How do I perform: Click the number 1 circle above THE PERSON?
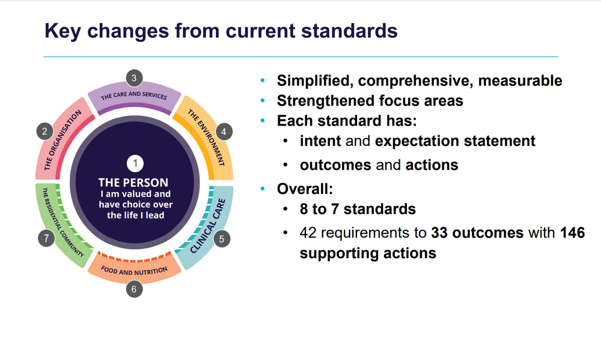click(x=135, y=163)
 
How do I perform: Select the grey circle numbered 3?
click(x=134, y=78)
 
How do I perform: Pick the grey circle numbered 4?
click(x=224, y=131)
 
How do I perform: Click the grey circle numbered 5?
click(x=221, y=239)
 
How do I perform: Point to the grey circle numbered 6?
click(x=134, y=289)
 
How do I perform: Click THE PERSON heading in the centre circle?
click(x=133, y=182)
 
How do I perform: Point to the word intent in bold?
click(x=320, y=141)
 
